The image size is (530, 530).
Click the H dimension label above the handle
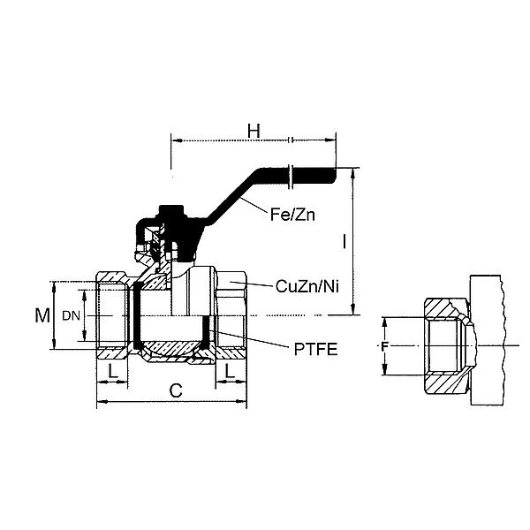[254, 131]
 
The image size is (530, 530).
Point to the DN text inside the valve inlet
[70, 315]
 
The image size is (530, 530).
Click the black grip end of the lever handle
[314, 177]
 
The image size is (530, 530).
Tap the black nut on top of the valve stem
[170, 215]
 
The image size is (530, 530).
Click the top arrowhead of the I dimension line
[353, 170]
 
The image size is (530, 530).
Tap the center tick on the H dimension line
[290, 140]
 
